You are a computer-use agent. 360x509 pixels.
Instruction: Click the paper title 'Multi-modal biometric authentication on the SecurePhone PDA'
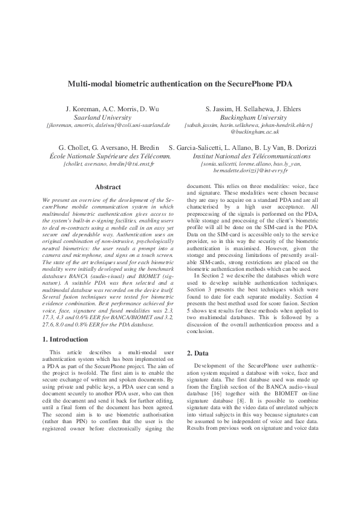coord(180,85)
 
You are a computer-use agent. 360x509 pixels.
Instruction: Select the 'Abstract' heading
coord(108,187)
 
